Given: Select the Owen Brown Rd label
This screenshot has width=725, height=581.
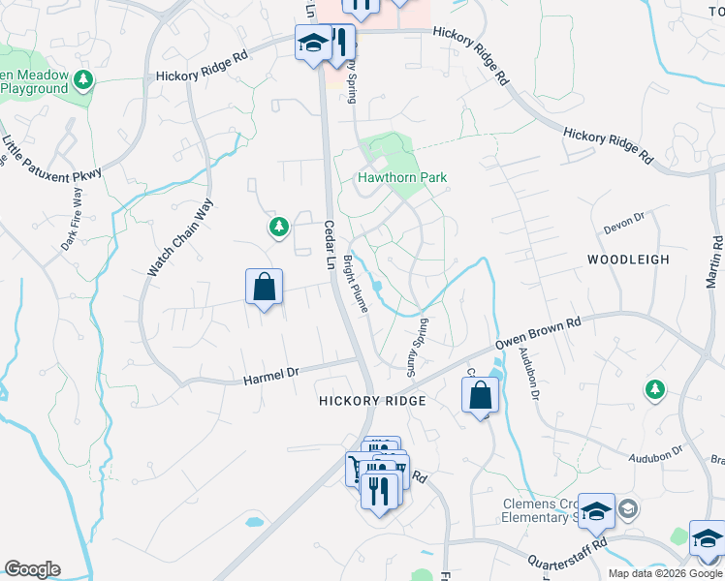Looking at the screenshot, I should (538, 332).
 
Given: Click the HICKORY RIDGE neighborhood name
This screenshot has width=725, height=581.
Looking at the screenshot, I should (373, 401).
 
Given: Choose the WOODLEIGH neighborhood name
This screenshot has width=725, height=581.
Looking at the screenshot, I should (627, 260).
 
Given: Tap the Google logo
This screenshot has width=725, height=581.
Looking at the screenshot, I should (32, 569).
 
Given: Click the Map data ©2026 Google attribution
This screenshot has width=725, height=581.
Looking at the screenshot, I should (665, 572).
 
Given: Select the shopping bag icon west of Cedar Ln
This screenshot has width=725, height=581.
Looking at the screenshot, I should (264, 287).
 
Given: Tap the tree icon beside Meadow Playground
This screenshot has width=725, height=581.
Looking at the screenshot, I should (84, 79).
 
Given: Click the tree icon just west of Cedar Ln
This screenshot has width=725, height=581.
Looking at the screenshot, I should (278, 227).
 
